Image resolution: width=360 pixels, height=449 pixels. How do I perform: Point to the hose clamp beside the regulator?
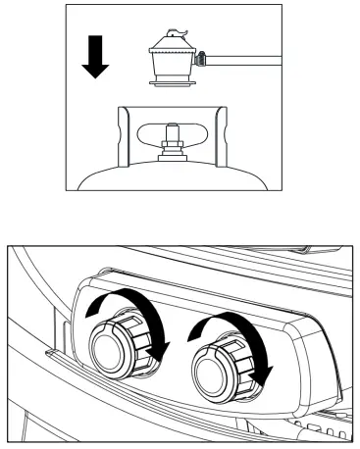(x=201, y=61)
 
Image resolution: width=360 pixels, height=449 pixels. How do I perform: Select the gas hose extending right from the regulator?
(x=245, y=62)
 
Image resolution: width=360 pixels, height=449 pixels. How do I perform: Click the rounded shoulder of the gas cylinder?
(x=108, y=175)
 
